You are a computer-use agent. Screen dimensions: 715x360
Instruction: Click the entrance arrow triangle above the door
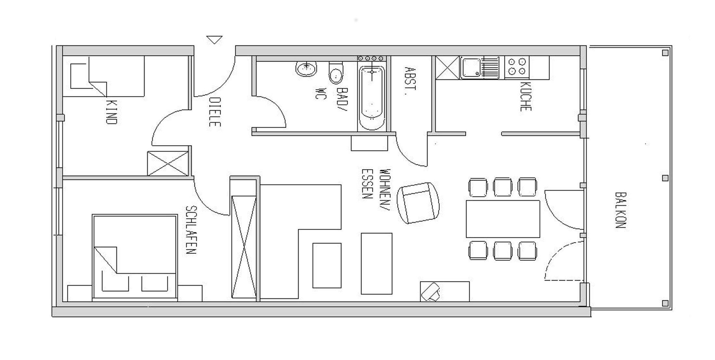point(214,39)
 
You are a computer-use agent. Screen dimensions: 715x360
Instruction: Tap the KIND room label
point(111,112)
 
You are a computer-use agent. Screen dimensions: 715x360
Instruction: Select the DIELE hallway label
point(214,112)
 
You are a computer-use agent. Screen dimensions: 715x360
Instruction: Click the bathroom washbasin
point(306,69)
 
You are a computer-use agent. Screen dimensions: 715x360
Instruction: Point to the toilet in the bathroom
point(336,73)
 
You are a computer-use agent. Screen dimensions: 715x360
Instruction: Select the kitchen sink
point(480,68)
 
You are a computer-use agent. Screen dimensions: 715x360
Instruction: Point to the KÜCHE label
point(525,96)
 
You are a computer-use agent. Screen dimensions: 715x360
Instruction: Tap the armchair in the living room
point(419,203)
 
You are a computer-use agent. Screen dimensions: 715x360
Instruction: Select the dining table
point(503,219)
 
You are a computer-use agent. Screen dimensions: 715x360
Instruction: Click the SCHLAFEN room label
point(191,230)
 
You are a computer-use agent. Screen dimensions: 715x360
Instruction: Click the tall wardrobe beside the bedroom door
point(244,247)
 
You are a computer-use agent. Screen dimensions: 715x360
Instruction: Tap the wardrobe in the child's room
point(168,163)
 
